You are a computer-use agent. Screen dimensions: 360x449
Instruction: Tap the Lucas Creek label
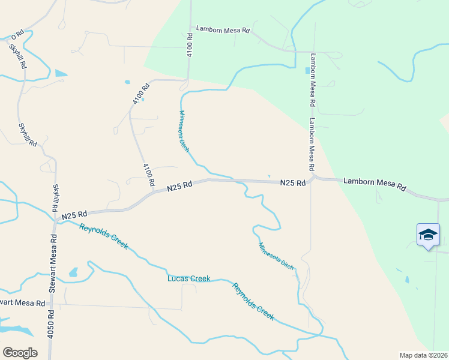(188, 278)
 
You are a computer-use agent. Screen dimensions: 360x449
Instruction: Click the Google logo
(20, 353)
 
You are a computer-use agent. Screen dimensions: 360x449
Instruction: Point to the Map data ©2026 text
(423, 355)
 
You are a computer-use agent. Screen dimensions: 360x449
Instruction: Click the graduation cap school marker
(428, 235)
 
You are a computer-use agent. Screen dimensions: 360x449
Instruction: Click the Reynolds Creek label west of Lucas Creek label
(104, 236)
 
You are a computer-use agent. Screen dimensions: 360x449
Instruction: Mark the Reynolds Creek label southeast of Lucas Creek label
(254, 301)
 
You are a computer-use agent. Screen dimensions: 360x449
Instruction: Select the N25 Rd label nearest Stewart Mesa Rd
(75, 214)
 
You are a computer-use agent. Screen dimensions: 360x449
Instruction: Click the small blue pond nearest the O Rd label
(61, 73)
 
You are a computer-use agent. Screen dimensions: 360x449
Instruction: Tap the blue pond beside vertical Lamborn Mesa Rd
(308, 70)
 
